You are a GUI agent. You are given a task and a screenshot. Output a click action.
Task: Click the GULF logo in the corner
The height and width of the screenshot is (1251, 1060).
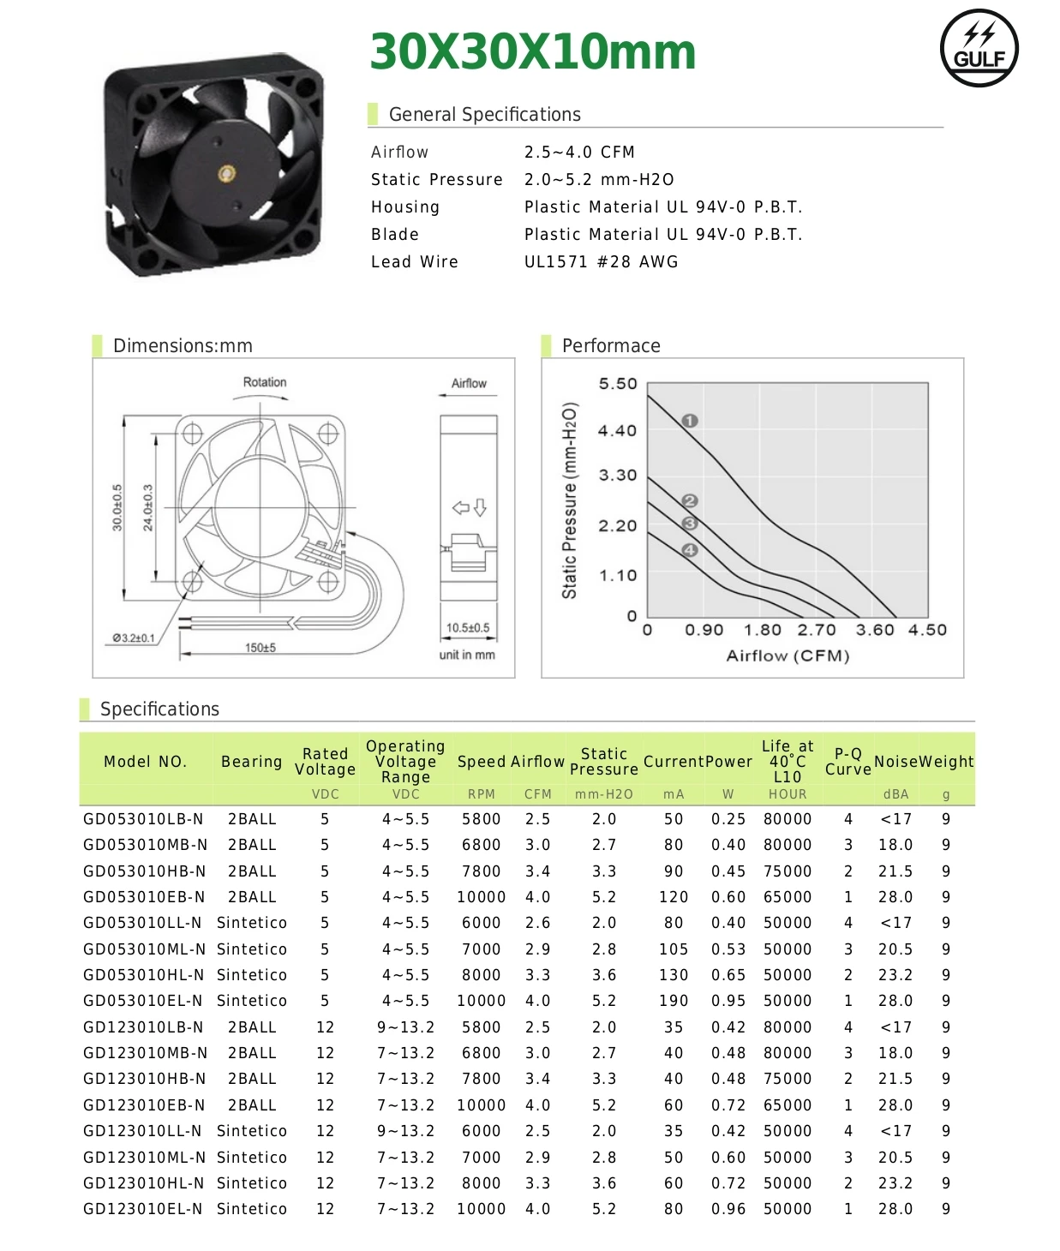(x=979, y=49)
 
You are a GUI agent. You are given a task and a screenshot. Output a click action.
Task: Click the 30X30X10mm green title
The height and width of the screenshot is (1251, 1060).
(x=532, y=52)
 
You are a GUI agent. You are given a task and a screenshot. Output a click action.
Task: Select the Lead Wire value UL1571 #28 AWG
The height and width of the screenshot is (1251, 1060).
(x=601, y=262)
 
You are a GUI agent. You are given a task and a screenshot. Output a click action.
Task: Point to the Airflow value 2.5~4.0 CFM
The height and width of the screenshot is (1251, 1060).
(x=579, y=153)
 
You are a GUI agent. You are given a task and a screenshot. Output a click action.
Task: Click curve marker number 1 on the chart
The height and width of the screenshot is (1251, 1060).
(x=690, y=421)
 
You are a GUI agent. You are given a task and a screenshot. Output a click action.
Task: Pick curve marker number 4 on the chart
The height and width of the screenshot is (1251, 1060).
(x=690, y=550)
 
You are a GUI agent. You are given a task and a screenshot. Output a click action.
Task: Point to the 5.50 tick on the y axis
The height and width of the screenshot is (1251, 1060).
(x=618, y=384)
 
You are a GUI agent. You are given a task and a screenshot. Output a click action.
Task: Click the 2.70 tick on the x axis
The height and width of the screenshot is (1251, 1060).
(x=816, y=631)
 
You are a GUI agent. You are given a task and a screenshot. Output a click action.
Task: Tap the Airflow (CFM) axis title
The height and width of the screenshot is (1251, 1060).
(x=788, y=656)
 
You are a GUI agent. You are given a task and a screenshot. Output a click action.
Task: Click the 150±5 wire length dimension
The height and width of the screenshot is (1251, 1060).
(x=261, y=648)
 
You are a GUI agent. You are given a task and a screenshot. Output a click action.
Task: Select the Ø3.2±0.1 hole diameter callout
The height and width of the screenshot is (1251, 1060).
(x=134, y=638)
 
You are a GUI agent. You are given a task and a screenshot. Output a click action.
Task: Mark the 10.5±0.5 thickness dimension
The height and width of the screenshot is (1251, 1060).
(x=468, y=628)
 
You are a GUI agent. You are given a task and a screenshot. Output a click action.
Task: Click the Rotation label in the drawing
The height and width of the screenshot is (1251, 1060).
(x=265, y=382)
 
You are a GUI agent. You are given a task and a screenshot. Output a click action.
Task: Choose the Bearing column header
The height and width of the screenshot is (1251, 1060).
(x=251, y=762)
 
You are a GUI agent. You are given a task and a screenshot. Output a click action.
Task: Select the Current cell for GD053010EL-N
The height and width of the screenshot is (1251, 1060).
(x=674, y=1001)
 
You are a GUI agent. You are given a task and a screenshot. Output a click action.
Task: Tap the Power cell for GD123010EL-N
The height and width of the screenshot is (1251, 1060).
(x=728, y=1209)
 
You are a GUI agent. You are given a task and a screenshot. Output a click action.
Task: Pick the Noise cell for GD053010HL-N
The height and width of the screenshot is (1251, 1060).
(x=895, y=975)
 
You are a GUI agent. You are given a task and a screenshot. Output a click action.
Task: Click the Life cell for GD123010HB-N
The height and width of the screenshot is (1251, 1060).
(x=788, y=1079)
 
